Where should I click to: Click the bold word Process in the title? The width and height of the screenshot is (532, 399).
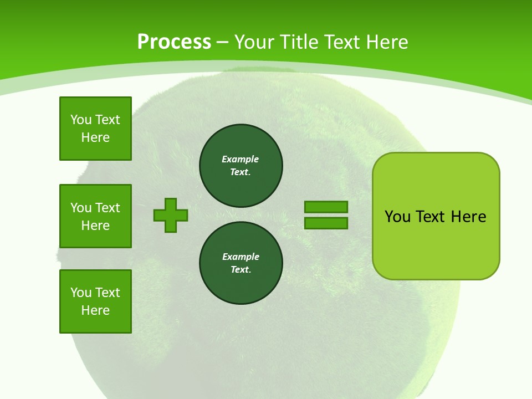click(174, 42)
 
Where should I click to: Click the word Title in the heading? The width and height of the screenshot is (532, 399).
click(298, 42)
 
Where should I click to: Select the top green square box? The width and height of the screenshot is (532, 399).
click(95, 129)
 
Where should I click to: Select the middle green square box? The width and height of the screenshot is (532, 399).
click(95, 216)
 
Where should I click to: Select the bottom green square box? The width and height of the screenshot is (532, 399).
click(95, 301)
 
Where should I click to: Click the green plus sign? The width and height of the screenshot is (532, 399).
click(171, 215)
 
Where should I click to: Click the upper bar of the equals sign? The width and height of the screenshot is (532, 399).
click(326, 207)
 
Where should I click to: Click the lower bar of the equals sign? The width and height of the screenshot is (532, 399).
click(326, 223)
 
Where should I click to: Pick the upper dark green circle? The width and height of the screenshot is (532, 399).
click(241, 166)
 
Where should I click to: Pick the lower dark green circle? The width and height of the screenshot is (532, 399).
click(241, 263)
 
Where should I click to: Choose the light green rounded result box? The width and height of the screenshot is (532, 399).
click(436, 216)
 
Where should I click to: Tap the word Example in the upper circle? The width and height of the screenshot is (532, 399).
click(241, 160)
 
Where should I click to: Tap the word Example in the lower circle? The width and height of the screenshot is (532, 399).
click(241, 257)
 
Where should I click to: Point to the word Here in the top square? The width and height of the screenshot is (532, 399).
click(95, 137)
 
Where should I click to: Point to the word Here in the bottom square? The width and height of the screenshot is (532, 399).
click(95, 310)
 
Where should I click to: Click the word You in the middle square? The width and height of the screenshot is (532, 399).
click(81, 208)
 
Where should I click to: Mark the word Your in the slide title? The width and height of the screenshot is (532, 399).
click(253, 42)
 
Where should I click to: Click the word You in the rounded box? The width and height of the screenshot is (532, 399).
click(397, 217)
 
